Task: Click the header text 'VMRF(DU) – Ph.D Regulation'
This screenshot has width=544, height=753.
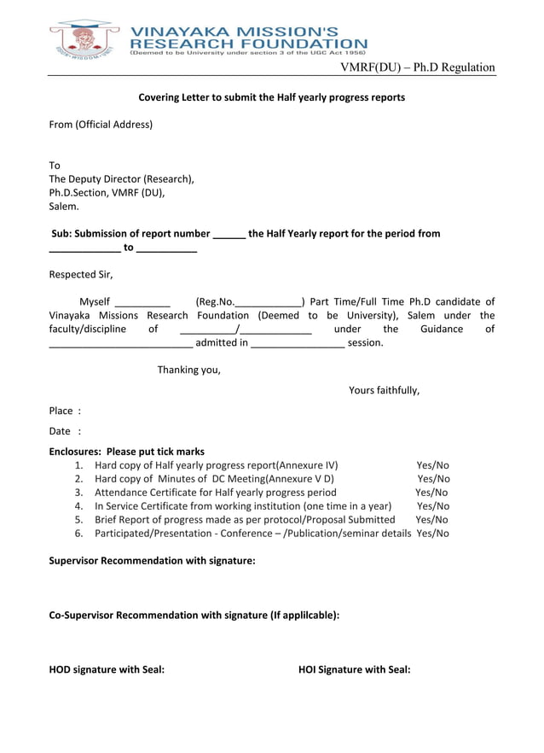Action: (417, 67)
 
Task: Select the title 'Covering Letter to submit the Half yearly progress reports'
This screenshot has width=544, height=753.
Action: (271, 97)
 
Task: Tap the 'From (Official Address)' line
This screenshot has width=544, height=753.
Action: (101, 125)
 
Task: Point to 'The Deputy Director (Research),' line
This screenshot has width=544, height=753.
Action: (121, 179)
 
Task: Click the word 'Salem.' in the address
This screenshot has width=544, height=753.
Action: (64, 207)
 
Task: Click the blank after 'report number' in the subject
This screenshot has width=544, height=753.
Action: (229, 235)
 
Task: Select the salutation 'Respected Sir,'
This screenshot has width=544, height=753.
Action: (81, 275)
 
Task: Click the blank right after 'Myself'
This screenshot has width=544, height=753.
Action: (142, 303)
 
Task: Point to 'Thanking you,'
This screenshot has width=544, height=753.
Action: (188, 371)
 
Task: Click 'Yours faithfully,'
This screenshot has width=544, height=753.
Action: (384, 391)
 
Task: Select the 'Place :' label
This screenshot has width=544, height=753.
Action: (65, 412)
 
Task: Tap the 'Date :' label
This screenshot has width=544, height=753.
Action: (65, 432)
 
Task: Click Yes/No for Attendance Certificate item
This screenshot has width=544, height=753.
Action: (431, 493)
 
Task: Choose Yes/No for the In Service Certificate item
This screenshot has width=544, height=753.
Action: (433, 506)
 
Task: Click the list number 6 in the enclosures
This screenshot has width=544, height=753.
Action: (78, 534)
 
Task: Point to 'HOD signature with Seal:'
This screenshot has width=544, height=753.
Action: (107, 670)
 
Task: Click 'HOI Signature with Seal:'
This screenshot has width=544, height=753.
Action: (354, 670)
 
